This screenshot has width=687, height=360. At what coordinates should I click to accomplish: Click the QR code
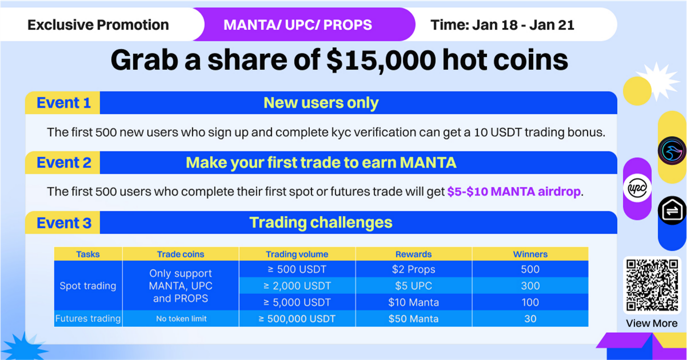point(652,285)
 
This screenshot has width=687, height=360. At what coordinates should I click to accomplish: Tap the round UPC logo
point(637,188)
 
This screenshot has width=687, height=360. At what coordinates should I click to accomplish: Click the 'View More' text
point(652,323)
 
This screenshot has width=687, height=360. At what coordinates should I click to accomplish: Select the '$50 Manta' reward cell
point(414,319)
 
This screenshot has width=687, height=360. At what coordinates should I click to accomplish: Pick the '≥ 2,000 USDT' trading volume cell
point(297,286)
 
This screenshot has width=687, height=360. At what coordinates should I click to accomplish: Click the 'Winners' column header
point(530,254)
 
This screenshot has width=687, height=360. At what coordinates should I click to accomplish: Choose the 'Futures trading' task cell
point(88,319)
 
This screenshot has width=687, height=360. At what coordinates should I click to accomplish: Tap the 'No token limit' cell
point(181,319)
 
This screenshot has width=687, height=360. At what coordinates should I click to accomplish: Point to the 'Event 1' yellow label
point(63,103)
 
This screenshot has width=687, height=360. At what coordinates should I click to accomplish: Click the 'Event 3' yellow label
point(63,223)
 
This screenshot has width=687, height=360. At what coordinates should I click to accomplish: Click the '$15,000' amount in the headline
point(381,60)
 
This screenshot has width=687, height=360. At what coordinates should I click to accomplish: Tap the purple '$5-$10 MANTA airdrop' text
point(514,191)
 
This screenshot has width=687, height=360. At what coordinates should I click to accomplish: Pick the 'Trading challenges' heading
point(321,223)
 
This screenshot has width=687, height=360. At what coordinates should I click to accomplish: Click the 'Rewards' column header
point(414,254)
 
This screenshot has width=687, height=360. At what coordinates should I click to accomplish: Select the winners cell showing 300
point(530,286)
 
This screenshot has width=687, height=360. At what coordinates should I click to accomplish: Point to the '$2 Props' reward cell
point(414,269)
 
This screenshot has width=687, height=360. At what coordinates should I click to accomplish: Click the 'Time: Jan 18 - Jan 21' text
point(502,25)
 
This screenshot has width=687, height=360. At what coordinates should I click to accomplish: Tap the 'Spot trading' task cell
point(88,285)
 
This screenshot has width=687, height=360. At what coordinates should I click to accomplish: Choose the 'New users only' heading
point(321,103)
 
